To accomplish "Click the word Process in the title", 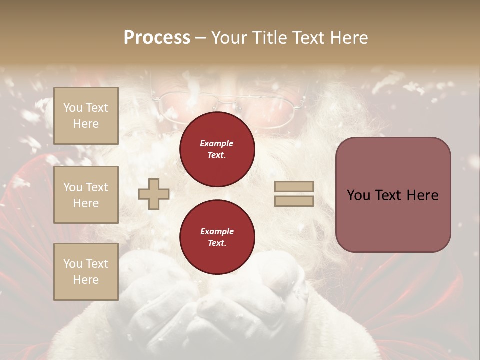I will click(x=157, y=38).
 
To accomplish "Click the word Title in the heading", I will click(x=268, y=38).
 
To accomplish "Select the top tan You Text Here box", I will click(x=86, y=116).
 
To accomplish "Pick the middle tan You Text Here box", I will click(x=86, y=195).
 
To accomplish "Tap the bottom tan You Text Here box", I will click(x=86, y=271).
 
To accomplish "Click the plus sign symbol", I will click(x=154, y=194).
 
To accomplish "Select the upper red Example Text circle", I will click(x=217, y=149).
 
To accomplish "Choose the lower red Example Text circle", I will click(x=217, y=237).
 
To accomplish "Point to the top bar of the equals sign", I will click(x=294, y=187).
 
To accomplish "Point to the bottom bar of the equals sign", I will click(x=294, y=201).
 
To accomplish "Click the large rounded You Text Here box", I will click(x=393, y=195).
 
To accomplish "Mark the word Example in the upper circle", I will click(x=217, y=143).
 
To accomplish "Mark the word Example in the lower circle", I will click(x=217, y=231).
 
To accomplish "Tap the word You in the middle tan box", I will click(x=72, y=187).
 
